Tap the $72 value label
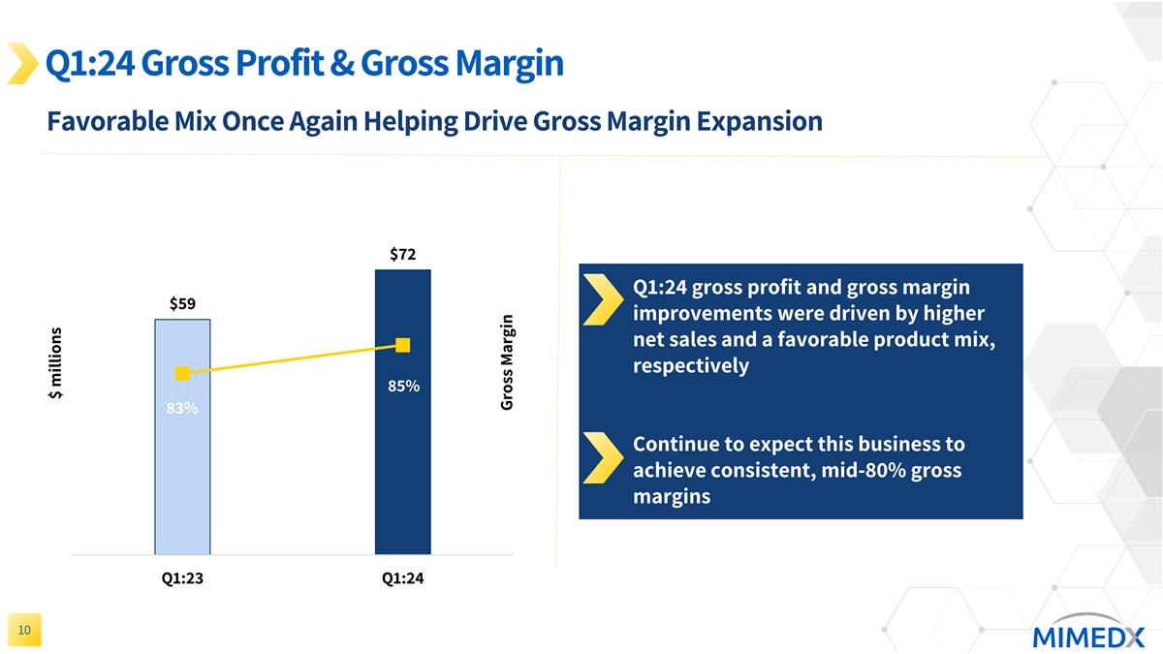click(x=403, y=255)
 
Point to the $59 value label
click(x=183, y=303)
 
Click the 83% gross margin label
click(x=182, y=409)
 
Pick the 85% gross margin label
click(x=403, y=387)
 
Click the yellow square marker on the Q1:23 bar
click(x=182, y=374)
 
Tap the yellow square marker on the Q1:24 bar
click(x=403, y=345)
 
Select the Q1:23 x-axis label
click(x=182, y=579)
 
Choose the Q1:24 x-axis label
click(x=403, y=579)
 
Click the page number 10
click(x=24, y=631)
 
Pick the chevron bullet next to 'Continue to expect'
click(x=604, y=458)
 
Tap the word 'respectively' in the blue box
click(x=690, y=366)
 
